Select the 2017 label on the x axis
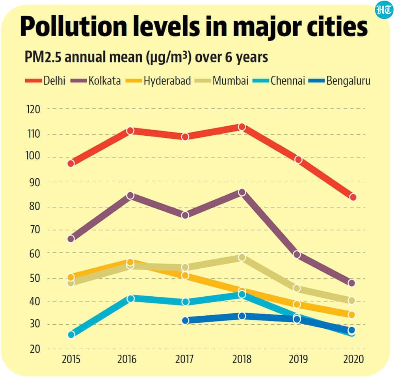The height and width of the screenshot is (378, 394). tap(185, 360)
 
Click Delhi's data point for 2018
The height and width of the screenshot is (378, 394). tap(242, 127)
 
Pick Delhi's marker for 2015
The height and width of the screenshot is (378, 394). tap(71, 163)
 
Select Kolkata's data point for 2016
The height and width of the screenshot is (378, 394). tap(130, 195)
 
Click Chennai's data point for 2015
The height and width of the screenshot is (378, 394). tap(71, 335)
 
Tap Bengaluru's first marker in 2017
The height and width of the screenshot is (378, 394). tap(185, 320)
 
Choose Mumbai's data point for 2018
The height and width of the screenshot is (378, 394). tap(242, 258)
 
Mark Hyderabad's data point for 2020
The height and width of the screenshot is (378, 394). tap(351, 314)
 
